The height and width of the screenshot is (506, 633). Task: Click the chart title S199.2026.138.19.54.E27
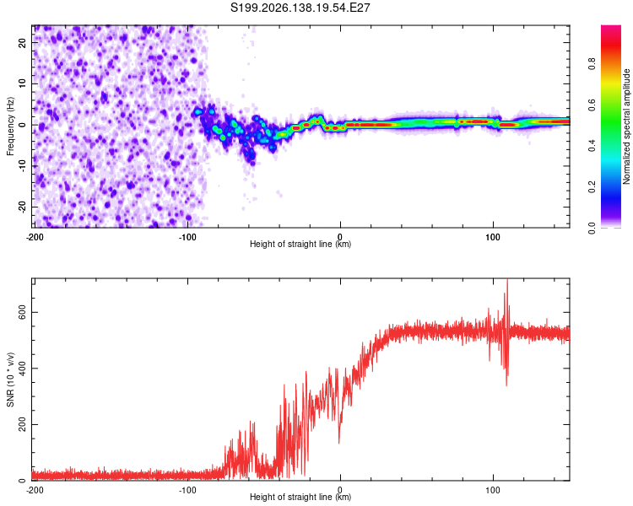point(300,8)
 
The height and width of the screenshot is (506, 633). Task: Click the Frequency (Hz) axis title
point(10,126)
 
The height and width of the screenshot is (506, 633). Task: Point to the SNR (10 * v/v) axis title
point(10,379)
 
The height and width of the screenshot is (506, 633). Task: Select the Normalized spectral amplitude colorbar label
point(626,126)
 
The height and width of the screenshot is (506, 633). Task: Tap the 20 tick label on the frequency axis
point(23,43)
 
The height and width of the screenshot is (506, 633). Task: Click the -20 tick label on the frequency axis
point(23,207)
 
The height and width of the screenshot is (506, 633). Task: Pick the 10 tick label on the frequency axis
point(23,84)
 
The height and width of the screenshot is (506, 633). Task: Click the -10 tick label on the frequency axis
point(23,166)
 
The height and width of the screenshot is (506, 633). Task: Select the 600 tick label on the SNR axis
point(23,312)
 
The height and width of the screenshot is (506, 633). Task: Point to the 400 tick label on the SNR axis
point(23,369)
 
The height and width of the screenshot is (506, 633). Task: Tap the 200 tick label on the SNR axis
point(23,424)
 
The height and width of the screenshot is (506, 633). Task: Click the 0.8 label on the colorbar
point(592,64)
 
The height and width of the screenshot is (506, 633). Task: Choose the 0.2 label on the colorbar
point(592,187)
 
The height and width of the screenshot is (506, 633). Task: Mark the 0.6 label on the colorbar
point(592,105)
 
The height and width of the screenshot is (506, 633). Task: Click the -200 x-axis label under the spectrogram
point(35,237)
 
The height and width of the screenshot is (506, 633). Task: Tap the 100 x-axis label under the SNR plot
point(493,490)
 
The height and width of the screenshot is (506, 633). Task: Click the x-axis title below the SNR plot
point(300,497)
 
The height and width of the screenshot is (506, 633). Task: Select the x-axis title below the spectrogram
point(300,244)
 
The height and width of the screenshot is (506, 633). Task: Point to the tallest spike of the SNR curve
point(507,281)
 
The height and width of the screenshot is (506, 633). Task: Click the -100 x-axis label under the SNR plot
point(187,490)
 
